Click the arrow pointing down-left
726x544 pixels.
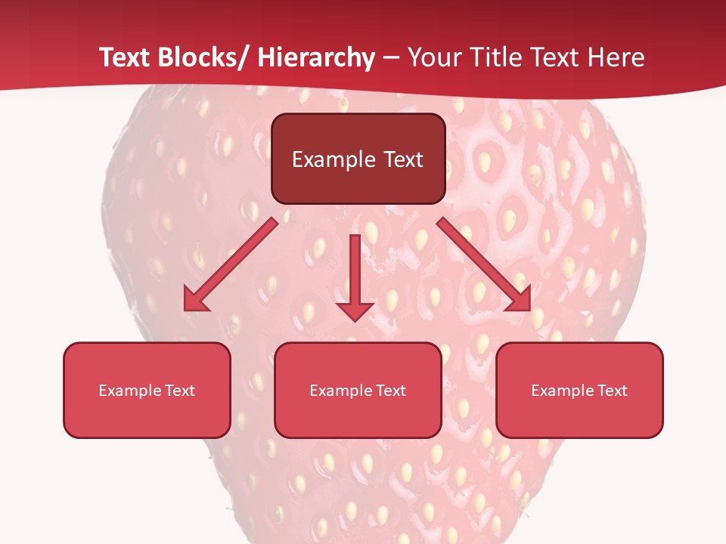pyautogui.click(x=231, y=265)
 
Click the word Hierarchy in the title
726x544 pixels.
pyautogui.click(x=316, y=58)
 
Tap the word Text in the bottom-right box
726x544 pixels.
pyautogui.click(x=612, y=391)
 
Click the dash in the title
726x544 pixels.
pyautogui.click(x=392, y=58)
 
